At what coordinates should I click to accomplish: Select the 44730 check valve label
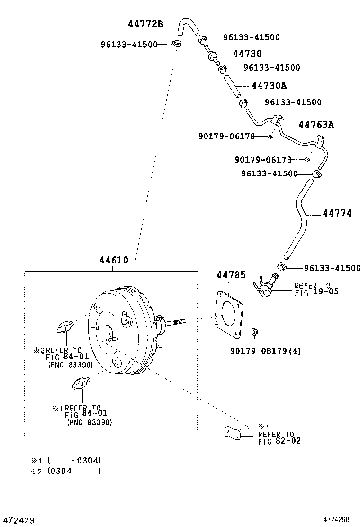[x=247, y=54]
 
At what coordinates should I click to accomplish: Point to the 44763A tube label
[x=316, y=125]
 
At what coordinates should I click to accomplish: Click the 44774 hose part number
[x=337, y=214]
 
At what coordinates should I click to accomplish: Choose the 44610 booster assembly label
[x=114, y=260]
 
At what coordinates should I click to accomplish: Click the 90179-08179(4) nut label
[x=266, y=351]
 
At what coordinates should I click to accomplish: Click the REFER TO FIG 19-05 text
[x=316, y=289]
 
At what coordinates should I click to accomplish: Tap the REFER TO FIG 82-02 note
[x=279, y=437]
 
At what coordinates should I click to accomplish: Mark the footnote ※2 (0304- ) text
[x=66, y=471]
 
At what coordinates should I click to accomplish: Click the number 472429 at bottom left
[x=18, y=520]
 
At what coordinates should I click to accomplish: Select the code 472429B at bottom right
[x=340, y=520]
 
